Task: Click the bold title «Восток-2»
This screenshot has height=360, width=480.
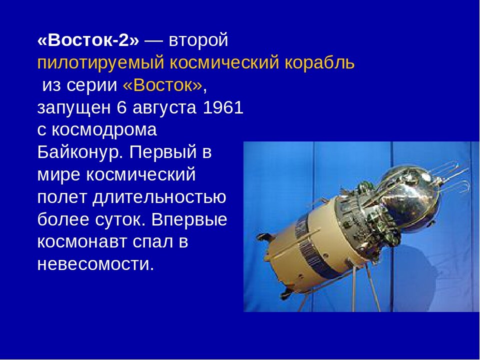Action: click(x=88, y=41)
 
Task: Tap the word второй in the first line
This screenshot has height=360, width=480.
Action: click(x=198, y=41)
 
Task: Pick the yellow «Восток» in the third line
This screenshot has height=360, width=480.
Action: click(x=162, y=86)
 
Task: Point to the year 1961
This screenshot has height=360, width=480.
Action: click(x=222, y=108)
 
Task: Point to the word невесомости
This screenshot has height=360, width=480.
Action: click(x=95, y=264)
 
